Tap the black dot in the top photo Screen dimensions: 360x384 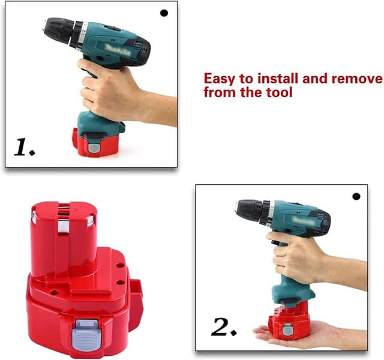click(x=164, y=13)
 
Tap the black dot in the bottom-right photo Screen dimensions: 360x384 click(x=356, y=196)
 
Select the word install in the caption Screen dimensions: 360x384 click(x=277, y=79)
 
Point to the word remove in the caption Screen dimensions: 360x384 click(x=357, y=79)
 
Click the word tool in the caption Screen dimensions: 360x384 click(x=280, y=93)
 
